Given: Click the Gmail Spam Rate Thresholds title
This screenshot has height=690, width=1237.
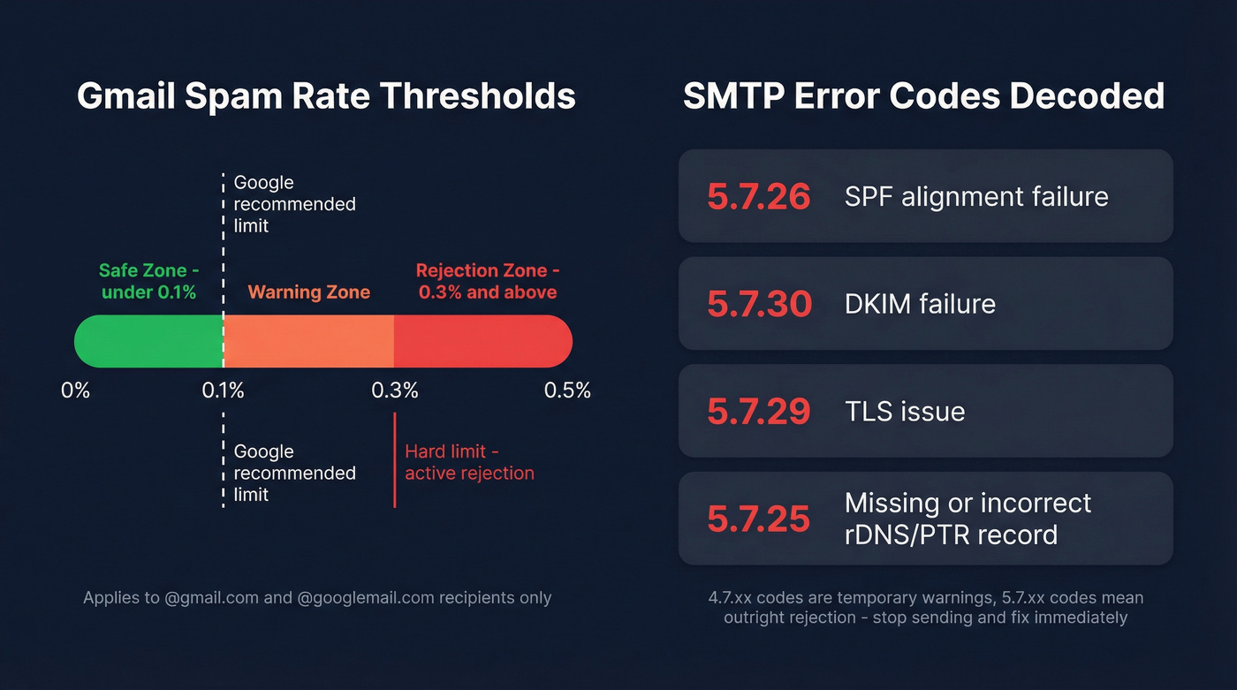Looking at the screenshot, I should [326, 96].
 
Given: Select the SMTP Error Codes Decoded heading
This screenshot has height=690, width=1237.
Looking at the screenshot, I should [924, 96].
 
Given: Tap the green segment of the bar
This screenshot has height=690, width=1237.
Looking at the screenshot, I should [148, 341].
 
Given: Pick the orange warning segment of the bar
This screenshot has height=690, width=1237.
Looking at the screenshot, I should [308, 341].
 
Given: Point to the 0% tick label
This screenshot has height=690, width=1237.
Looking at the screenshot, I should [76, 390].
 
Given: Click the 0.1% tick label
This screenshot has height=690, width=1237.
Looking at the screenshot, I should [223, 390].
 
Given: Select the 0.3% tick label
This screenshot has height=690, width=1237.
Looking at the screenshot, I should [394, 390].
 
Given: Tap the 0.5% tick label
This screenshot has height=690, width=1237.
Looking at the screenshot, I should [567, 390].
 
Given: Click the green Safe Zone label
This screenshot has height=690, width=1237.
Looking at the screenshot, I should [148, 281].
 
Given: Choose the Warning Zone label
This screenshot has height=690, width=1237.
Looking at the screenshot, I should [308, 292].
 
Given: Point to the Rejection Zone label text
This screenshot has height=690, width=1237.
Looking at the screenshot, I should [487, 281].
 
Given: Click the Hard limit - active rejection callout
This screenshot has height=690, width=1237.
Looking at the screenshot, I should [469, 462].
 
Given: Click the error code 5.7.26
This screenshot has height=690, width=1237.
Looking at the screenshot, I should [758, 196].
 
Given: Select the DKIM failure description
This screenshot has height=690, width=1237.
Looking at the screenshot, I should [920, 304].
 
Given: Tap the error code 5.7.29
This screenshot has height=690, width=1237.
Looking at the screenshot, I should [758, 412].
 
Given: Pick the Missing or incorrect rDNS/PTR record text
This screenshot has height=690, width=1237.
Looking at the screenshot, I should [968, 519].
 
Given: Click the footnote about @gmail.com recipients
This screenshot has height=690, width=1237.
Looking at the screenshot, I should [317, 598].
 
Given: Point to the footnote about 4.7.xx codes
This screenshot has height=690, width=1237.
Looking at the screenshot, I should [925, 608].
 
